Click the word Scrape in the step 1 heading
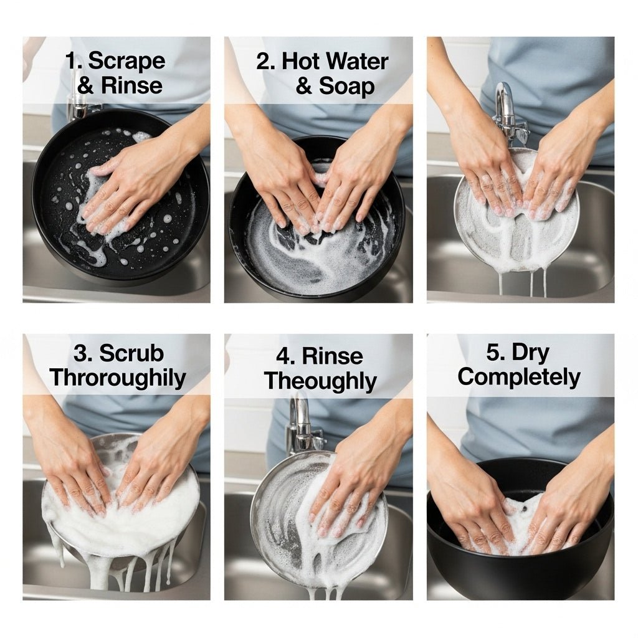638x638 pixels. (126, 61)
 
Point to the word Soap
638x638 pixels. (347, 87)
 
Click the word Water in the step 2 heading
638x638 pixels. (357, 61)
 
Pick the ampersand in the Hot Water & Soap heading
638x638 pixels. (304, 87)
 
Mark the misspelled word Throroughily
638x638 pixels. (118, 378)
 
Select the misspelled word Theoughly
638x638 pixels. (320, 381)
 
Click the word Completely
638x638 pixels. (518, 378)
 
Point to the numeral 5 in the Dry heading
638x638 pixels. (493, 353)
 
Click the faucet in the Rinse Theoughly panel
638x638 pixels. (300, 424)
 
